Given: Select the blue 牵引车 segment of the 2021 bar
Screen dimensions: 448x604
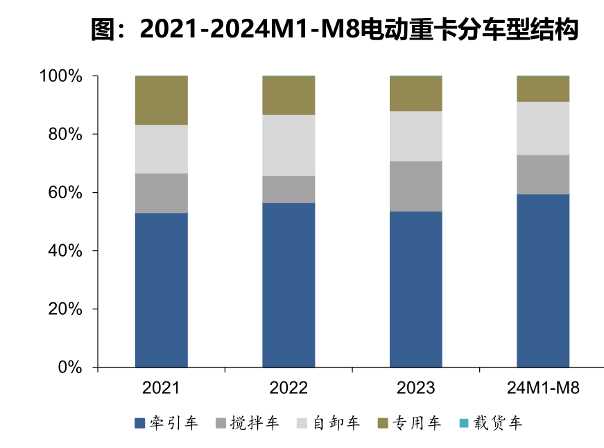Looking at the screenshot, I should click(162, 289).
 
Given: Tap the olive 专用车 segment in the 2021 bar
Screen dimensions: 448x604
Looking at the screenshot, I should click(162, 100).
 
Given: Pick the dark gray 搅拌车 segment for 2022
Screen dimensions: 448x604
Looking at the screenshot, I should click(288, 189).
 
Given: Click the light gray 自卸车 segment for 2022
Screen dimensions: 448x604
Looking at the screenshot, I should click(288, 145).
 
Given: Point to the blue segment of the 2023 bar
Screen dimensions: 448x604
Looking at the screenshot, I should click(416, 288).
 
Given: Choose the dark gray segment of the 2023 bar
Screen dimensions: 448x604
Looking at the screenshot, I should click(416, 186).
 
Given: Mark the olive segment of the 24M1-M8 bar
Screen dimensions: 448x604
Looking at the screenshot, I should click(543, 89).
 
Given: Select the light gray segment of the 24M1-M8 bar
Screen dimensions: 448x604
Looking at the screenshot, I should click(543, 128).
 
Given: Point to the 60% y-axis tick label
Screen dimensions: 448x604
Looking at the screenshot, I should click(67, 192).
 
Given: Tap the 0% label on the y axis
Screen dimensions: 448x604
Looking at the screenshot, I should click(71, 367).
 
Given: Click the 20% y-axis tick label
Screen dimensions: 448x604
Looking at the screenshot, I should click(67, 309).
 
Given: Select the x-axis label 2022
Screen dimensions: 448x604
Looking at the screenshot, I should click(288, 388).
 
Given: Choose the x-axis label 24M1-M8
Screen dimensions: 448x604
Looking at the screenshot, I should click(543, 388).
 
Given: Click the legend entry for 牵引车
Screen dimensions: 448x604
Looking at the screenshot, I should click(166, 422).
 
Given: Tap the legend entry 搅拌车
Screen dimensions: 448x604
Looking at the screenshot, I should click(247, 422).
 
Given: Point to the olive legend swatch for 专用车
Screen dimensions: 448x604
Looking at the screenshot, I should click(382, 422).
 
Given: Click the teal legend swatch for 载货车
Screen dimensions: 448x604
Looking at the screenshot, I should click(463, 422).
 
